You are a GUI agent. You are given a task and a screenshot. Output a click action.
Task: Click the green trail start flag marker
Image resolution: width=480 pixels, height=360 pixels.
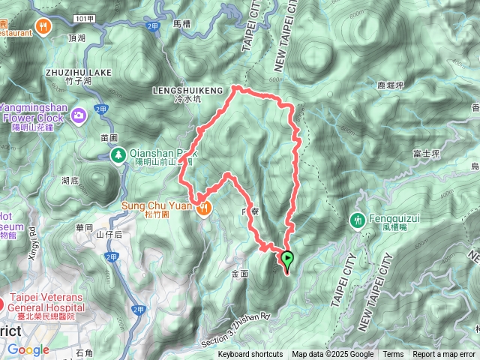coord(287,259)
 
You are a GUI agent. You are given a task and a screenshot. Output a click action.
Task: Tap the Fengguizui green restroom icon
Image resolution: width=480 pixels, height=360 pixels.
coord(358,220)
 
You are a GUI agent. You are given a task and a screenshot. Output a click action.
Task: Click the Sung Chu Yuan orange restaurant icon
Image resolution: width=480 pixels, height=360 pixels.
coord(202,209)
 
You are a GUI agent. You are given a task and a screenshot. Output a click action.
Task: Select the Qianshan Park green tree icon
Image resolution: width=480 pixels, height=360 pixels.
coord(118,154)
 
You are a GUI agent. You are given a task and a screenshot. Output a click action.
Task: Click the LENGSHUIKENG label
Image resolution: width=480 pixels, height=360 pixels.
coord(187,90)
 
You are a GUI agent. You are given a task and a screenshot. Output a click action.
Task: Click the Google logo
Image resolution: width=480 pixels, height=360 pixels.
coord(28,349)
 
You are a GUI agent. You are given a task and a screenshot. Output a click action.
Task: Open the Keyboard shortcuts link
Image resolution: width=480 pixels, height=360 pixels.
coord(250,355)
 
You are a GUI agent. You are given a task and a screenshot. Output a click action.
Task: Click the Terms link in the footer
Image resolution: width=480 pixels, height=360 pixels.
coord(393,355)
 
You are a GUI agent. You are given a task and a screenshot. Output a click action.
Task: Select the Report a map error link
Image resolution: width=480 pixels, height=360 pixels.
coord(444,355)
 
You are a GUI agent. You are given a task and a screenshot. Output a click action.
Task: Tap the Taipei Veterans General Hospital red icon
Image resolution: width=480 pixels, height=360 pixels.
coord(3,305)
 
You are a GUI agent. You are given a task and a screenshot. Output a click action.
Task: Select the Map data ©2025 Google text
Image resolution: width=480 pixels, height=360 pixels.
coord(333,355)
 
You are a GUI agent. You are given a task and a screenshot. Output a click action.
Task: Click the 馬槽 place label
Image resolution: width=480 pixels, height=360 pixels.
coord(182,24)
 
